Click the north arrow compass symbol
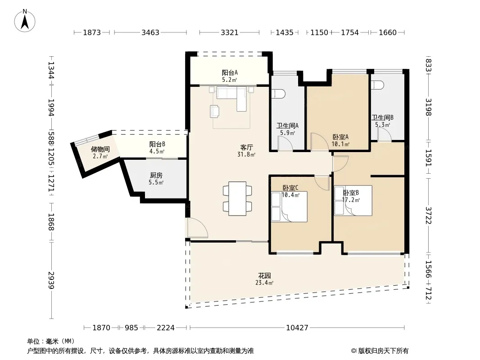[25, 21]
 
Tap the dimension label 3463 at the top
[150, 32]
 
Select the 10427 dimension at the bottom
[297, 328]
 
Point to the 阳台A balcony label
[230, 73]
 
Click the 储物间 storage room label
[100, 149]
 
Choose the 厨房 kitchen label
[156, 175]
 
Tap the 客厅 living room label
[246, 148]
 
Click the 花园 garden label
[264, 275]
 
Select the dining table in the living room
[238, 198]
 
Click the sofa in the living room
[232, 96]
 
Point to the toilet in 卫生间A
[278, 94]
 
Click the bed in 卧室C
[289, 207]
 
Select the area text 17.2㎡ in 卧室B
[351, 200]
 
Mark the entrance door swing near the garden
[198, 228]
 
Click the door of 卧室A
[320, 142]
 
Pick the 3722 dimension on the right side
[428, 216]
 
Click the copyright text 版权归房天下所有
[383, 351]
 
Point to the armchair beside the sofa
[215, 111]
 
